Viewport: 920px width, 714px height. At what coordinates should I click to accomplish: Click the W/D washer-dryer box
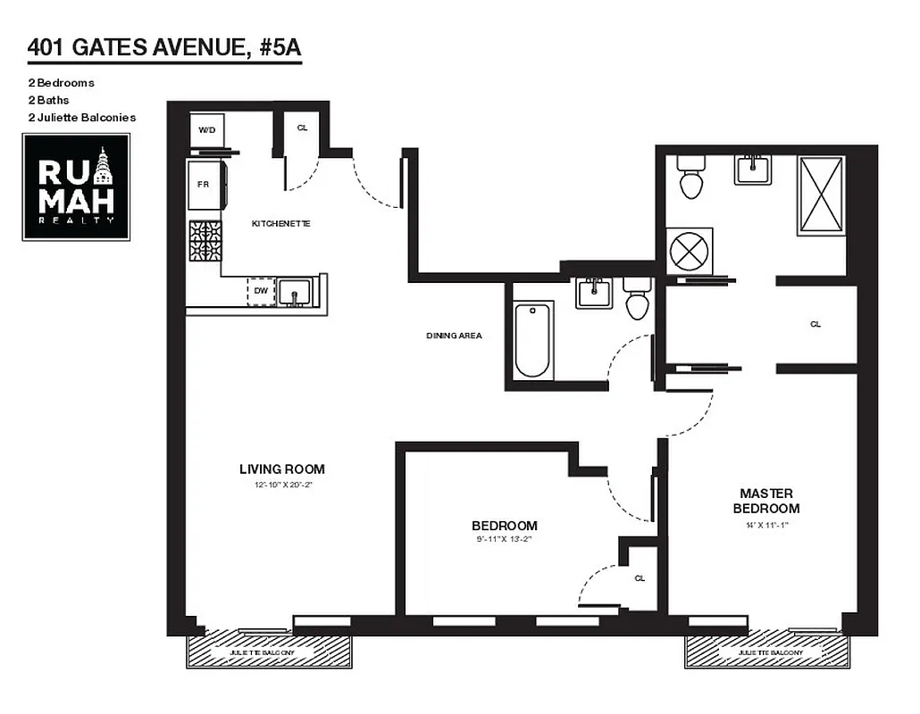pyautogui.click(x=207, y=130)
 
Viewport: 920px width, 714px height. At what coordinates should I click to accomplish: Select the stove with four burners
pyautogui.click(x=205, y=241)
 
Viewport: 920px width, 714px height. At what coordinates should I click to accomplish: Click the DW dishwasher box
pyautogui.click(x=261, y=291)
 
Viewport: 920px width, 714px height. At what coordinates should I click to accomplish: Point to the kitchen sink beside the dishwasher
pyautogui.click(x=294, y=291)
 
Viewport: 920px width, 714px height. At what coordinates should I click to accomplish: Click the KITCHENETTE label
pyautogui.click(x=280, y=223)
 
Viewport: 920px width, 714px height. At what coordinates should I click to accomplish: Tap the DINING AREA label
pyautogui.click(x=454, y=336)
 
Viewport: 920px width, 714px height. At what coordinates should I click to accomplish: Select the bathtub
pyautogui.click(x=534, y=341)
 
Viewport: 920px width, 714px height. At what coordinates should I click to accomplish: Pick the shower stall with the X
pyautogui.click(x=821, y=195)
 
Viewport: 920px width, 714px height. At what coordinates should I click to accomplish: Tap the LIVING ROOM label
pyautogui.click(x=281, y=469)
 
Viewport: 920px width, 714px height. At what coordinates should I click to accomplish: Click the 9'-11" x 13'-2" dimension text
pyautogui.click(x=506, y=539)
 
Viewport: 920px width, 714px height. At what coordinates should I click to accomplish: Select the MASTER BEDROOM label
pyautogui.click(x=766, y=501)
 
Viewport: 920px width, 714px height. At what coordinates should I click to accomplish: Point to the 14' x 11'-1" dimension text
pyautogui.click(x=765, y=525)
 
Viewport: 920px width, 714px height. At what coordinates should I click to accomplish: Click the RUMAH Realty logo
pyautogui.click(x=76, y=187)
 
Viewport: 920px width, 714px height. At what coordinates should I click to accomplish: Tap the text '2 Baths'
pyautogui.click(x=48, y=100)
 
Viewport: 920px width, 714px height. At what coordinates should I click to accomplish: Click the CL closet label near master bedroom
pyautogui.click(x=815, y=324)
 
